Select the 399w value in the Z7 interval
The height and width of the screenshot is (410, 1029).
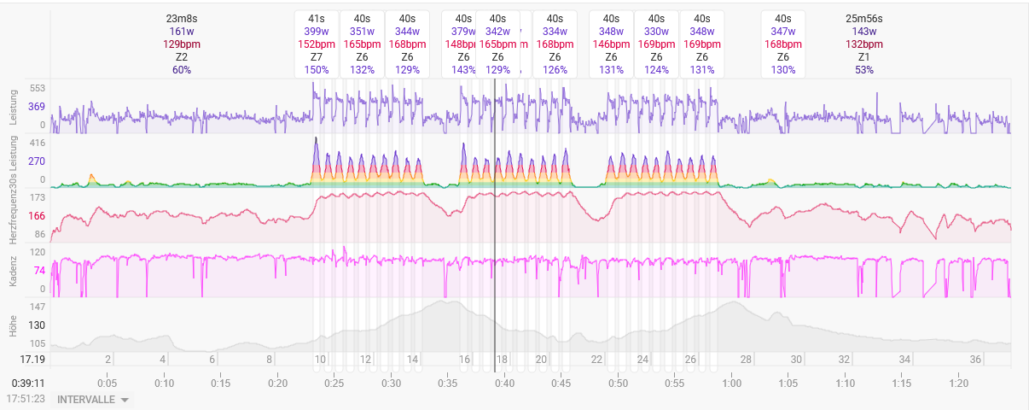(x=317, y=32)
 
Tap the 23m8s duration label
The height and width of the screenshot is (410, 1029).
(x=181, y=19)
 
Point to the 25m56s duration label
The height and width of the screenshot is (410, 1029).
(x=863, y=19)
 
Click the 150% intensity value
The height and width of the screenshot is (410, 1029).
(x=317, y=70)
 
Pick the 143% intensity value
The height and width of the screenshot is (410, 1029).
(x=463, y=70)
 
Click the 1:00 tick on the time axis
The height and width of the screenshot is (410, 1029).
(x=731, y=384)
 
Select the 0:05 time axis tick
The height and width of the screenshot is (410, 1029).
(x=108, y=384)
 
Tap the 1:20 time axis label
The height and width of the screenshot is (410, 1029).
(x=958, y=384)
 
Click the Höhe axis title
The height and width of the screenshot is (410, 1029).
(x=14, y=325)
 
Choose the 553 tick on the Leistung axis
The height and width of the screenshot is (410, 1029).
(x=37, y=88)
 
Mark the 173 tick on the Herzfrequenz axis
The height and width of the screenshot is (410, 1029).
(x=37, y=197)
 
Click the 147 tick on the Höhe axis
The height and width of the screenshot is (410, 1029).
(x=37, y=306)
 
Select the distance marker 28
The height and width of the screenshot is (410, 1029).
(x=746, y=360)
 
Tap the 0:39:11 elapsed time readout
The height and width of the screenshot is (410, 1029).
(x=27, y=384)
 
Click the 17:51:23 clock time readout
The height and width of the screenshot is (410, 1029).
(x=26, y=399)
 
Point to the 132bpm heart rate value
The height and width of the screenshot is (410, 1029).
(x=863, y=44)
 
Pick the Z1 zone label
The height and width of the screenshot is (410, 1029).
(x=863, y=57)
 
